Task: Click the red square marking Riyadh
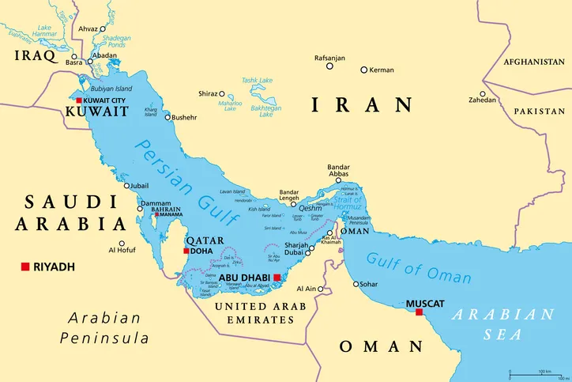(25, 267)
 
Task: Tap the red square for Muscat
(419, 312)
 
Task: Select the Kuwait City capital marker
(78, 101)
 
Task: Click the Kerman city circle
(363, 70)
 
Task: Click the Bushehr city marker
(167, 117)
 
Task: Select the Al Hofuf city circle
(122, 244)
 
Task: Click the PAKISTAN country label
(539, 112)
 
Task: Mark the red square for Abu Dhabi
(277, 278)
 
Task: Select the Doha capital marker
(186, 251)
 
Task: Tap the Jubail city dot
(126, 186)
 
